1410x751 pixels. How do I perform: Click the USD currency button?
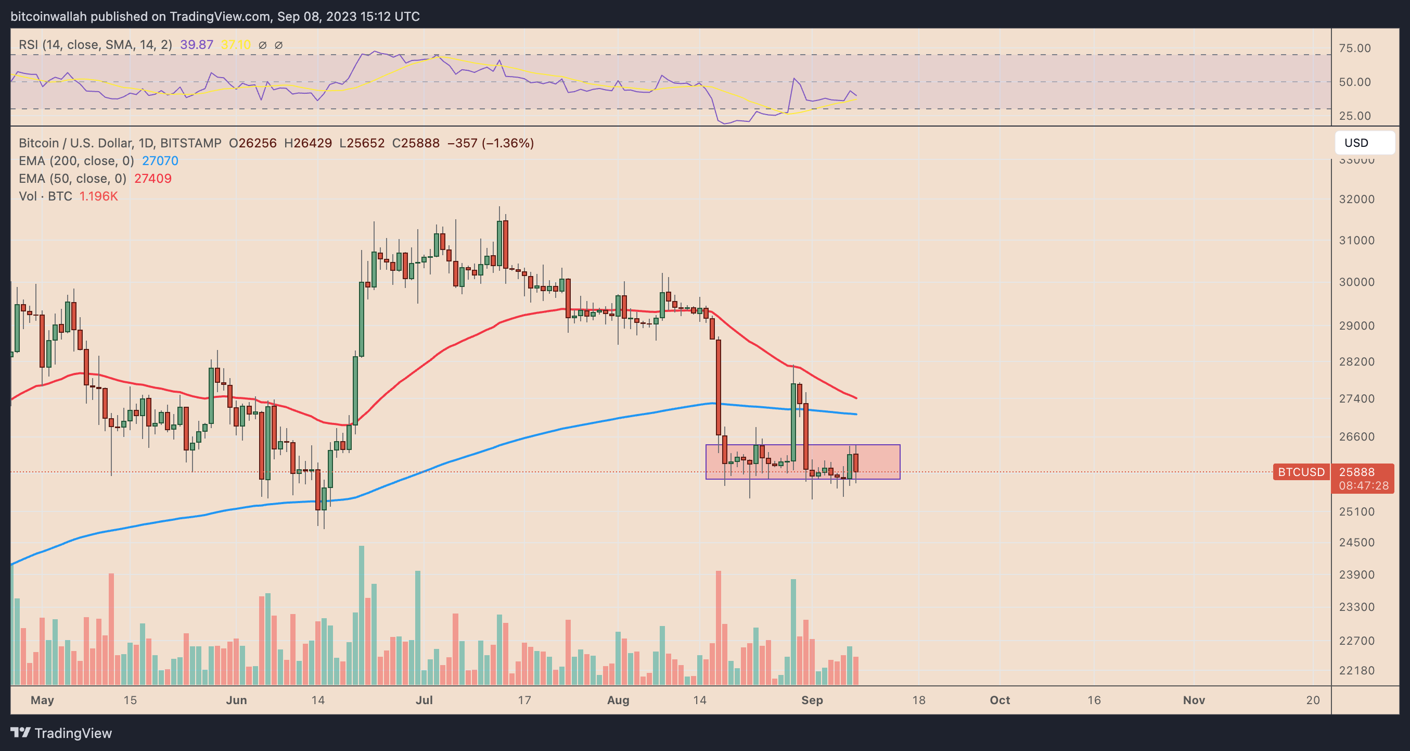[1364, 143]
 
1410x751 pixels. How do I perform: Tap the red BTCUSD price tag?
[1301, 472]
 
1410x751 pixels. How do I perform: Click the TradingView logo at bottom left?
[61, 733]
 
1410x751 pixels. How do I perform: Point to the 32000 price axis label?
[1356, 199]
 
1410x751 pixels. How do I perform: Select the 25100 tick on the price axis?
[1356, 511]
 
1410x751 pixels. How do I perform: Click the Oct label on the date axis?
[999, 700]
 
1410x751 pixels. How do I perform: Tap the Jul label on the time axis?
[424, 700]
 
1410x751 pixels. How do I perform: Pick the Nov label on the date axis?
[1194, 700]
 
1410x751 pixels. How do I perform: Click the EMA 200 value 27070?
[160, 160]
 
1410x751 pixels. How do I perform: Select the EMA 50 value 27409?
[153, 179]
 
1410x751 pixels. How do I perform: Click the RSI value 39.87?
[197, 45]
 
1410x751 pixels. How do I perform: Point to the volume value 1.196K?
[98, 196]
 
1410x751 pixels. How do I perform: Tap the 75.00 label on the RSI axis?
[1355, 48]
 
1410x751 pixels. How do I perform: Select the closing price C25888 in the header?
[415, 143]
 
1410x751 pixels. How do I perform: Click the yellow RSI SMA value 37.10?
[235, 45]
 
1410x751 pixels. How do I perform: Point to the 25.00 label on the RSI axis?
[1355, 116]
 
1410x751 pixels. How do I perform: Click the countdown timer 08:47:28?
[1364, 486]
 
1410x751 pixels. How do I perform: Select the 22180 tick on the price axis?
[1356, 670]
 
